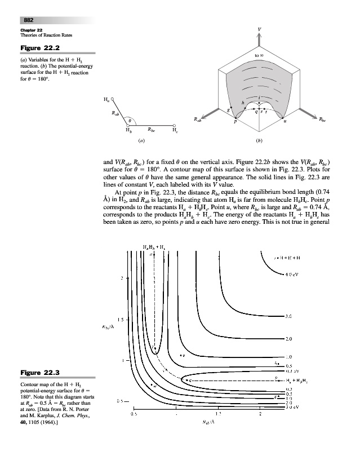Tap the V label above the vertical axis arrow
point(259,27)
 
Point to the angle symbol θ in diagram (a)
point(130,120)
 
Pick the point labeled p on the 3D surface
point(235,121)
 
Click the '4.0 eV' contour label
point(293,275)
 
